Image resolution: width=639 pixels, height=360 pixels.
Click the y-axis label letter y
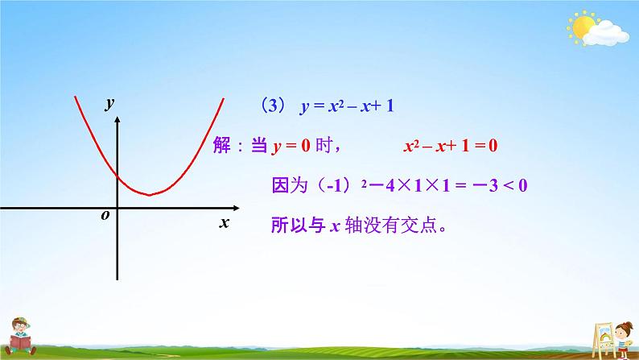tap(109, 102)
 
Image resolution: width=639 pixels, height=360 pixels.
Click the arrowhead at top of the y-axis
tap(117, 120)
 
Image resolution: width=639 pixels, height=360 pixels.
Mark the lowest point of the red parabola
tap(149, 195)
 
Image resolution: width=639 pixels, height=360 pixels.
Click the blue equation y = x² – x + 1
tap(346, 106)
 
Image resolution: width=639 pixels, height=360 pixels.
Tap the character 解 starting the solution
tap(223, 146)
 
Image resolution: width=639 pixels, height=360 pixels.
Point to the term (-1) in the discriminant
tap(330, 186)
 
